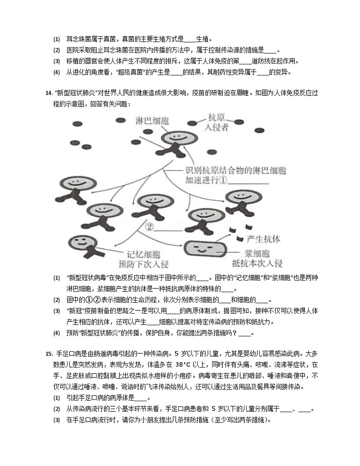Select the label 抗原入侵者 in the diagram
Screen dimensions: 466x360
coord(216,122)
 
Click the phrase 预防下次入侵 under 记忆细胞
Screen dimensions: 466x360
coord(145,264)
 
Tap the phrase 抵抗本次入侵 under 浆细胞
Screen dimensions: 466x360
coord(257,263)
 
